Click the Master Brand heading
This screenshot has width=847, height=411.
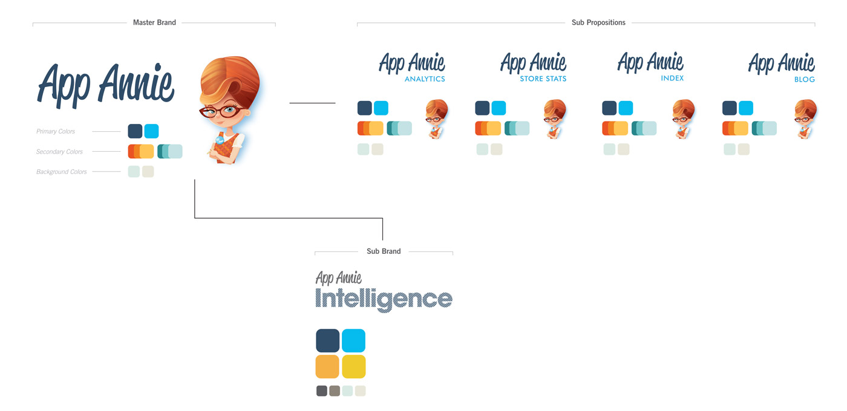pos(154,22)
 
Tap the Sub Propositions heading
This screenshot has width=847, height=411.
pos(598,22)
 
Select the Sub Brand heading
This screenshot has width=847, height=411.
pos(384,251)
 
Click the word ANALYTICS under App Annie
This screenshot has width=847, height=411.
pos(425,79)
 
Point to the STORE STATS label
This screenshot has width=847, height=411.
pos(543,79)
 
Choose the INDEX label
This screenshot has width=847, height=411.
pos(672,78)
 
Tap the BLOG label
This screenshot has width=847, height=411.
pos(804,79)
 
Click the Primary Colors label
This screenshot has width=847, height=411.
pos(56,132)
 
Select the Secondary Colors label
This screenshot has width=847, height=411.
pos(59,152)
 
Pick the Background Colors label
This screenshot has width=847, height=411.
pos(61,172)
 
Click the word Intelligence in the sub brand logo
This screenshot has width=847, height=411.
pos(384,300)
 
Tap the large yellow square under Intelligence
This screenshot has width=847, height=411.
pos(353,366)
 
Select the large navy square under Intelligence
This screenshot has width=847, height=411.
pos(327,341)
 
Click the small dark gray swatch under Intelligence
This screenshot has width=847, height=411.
pos(322,391)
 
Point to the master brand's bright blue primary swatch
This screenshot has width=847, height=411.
pos(151,131)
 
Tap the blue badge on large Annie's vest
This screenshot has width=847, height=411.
pos(220,140)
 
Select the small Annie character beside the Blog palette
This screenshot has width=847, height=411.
pos(805,119)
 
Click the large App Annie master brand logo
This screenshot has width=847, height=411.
pos(106,86)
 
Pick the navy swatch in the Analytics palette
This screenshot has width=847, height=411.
pos(364,108)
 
